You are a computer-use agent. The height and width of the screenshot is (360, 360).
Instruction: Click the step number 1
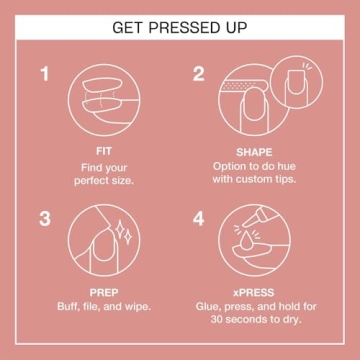[x=44, y=74]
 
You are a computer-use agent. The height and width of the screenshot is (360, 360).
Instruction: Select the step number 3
[x=44, y=217]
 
